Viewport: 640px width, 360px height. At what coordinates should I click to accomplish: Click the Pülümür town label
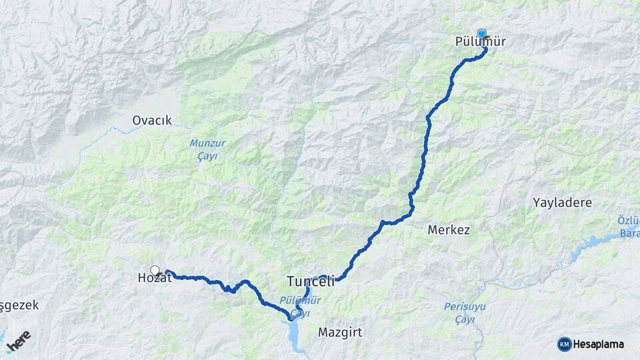(480, 42)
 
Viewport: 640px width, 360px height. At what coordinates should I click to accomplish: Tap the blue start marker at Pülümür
(481, 33)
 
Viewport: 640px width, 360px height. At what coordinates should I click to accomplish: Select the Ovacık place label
(152, 121)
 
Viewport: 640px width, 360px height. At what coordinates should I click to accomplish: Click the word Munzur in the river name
(204, 143)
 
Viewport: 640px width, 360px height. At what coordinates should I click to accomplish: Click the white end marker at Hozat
(155, 270)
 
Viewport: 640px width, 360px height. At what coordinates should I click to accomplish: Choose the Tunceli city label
(310, 281)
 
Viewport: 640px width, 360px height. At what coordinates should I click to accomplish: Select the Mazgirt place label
(340, 332)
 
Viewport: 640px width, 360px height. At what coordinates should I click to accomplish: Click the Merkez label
(449, 230)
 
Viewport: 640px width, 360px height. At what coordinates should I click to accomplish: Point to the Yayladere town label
(562, 203)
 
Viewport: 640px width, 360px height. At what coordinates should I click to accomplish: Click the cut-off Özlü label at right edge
(628, 221)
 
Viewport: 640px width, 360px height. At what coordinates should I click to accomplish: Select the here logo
(19, 341)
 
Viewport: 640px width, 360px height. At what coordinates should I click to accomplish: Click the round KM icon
(565, 344)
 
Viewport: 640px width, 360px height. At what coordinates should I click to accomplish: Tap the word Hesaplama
(599, 344)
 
